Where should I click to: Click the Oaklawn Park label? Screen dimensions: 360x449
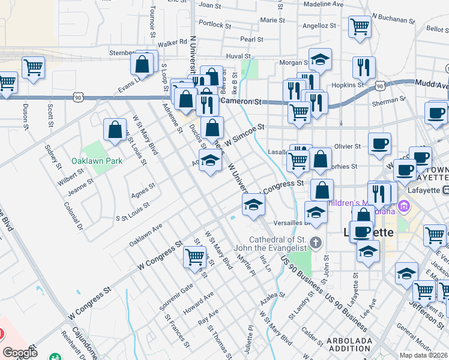coord(97,161)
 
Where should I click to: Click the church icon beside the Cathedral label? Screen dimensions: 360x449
coord(317,243)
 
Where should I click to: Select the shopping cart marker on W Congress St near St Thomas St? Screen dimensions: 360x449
coord(194,257)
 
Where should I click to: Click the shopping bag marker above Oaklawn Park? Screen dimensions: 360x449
coord(115,130)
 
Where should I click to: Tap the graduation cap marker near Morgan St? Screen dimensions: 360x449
coord(320,61)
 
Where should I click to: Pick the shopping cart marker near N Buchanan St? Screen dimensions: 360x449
coord(360,27)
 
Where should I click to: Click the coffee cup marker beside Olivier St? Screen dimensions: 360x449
coord(379,145)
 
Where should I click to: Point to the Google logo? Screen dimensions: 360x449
coord(20,353)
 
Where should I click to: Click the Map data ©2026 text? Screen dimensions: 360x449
coord(424,355)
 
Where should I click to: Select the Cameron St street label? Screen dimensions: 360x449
coord(241,102)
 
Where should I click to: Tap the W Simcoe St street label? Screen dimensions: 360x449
coord(245,131)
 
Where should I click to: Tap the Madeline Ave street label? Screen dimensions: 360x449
coord(324,4)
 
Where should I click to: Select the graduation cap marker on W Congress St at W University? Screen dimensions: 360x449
coord(253,205)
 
